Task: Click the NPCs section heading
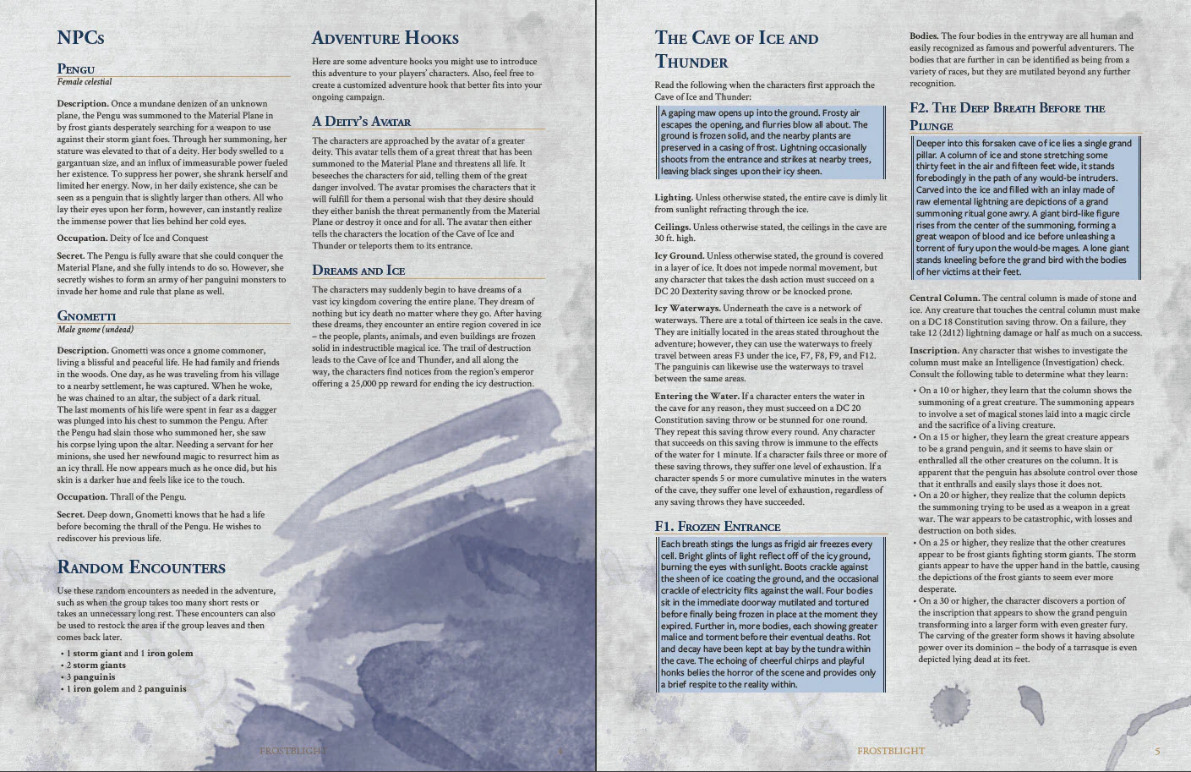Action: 80,38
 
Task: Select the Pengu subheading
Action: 76,68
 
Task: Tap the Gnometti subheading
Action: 86,315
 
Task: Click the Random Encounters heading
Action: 141,567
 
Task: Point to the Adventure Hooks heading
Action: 385,38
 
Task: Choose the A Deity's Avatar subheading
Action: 361,121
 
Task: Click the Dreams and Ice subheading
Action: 358,271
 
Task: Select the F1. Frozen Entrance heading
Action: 717,526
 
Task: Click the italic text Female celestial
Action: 85,82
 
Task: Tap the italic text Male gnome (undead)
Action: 96,329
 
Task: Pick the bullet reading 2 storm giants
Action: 96,665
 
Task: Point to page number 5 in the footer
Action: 1157,751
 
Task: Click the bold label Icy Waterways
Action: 686,308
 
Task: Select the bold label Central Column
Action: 944,298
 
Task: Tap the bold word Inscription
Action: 933,350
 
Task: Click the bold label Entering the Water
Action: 697,396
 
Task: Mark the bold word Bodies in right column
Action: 923,36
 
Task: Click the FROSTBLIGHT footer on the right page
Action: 890,751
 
